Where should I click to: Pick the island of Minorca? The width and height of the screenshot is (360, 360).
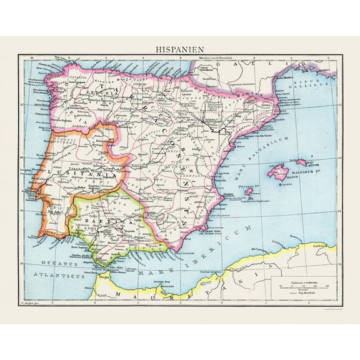tap(301, 162)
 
